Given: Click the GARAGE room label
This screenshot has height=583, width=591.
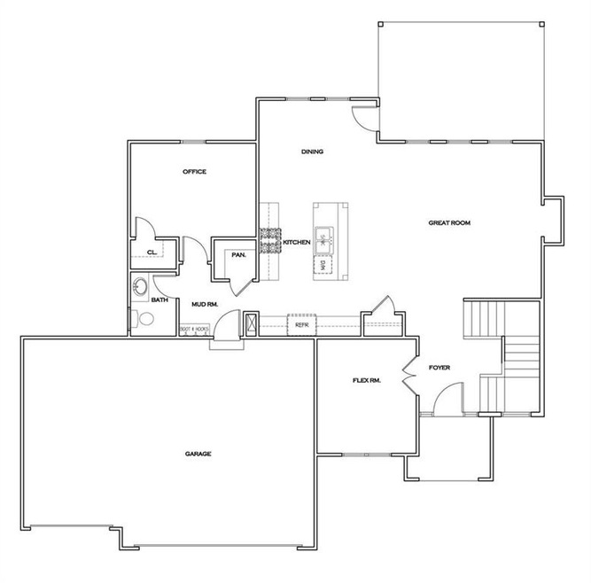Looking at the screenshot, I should [198, 454].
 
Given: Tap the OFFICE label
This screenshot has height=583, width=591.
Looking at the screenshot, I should [195, 172].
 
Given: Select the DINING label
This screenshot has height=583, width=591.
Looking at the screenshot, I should [312, 152].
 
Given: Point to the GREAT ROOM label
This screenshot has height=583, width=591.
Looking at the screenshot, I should [449, 223].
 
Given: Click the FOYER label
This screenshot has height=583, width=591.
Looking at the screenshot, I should [440, 367].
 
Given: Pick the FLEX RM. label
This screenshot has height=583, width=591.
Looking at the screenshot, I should [366, 381].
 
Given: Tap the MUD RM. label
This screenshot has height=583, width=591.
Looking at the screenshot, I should [205, 304].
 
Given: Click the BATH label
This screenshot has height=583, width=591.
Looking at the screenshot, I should [159, 300].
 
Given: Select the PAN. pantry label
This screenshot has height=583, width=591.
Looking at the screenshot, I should [237, 255].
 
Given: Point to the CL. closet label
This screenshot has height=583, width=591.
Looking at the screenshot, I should [152, 252].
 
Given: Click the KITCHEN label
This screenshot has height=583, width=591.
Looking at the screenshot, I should [296, 242].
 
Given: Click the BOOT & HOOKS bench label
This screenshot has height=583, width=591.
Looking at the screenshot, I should [194, 329].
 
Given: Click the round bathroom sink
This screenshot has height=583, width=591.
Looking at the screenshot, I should [139, 287].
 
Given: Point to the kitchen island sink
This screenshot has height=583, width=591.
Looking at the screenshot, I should [324, 237].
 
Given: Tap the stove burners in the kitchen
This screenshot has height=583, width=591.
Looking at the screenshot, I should [270, 241].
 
